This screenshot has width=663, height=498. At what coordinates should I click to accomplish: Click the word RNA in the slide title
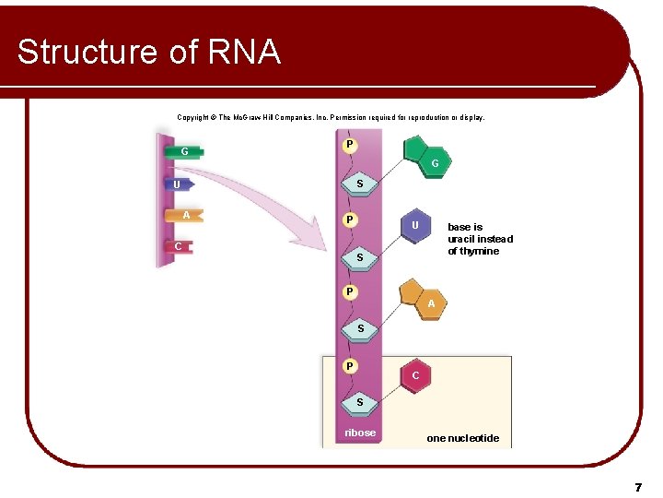[x=244, y=52]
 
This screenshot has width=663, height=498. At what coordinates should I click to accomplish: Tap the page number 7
[x=637, y=486]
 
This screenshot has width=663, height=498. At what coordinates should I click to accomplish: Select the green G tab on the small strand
[x=184, y=151]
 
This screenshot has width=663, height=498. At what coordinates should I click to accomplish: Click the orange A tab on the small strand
[x=185, y=216]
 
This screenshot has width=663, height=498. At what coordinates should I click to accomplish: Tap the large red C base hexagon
[x=416, y=375]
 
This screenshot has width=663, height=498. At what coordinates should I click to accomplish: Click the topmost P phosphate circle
[x=350, y=145]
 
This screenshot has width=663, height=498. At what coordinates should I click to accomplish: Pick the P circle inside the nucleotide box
[x=350, y=366]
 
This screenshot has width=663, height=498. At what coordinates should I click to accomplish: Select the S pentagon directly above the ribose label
[x=360, y=402]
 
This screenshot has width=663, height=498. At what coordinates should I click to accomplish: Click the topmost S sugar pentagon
[x=360, y=184]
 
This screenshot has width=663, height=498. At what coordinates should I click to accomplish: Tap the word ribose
[x=360, y=433]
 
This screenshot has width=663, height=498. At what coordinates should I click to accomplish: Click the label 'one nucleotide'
[x=462, y=438]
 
